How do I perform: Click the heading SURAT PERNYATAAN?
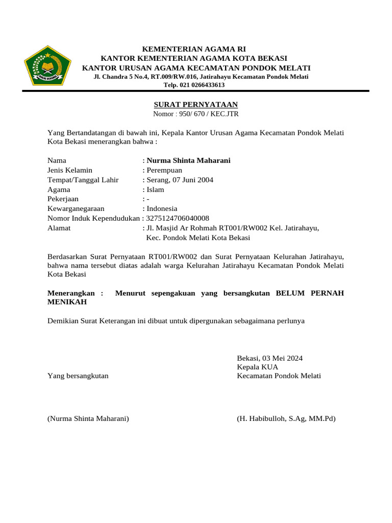click(x=196, y=104)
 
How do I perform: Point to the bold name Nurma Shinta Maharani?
click(x=188, y=160)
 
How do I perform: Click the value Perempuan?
click(x=164, y=170)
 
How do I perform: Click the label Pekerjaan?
click(x=63, y=199)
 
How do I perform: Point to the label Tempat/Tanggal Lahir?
click(x=83, y=180)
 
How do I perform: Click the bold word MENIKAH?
click(x=67, y=302)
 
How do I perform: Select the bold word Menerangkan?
click(x=71, y=293)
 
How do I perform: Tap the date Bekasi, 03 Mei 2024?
click(x=270, y=358)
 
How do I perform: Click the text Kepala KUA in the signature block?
click(x=258, y=367)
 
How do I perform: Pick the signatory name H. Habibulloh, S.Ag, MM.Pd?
click(x=286, y=419)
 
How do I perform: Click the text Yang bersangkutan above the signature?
click(x=78, y=376)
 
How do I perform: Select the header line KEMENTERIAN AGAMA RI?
click(x=190, y=49)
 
